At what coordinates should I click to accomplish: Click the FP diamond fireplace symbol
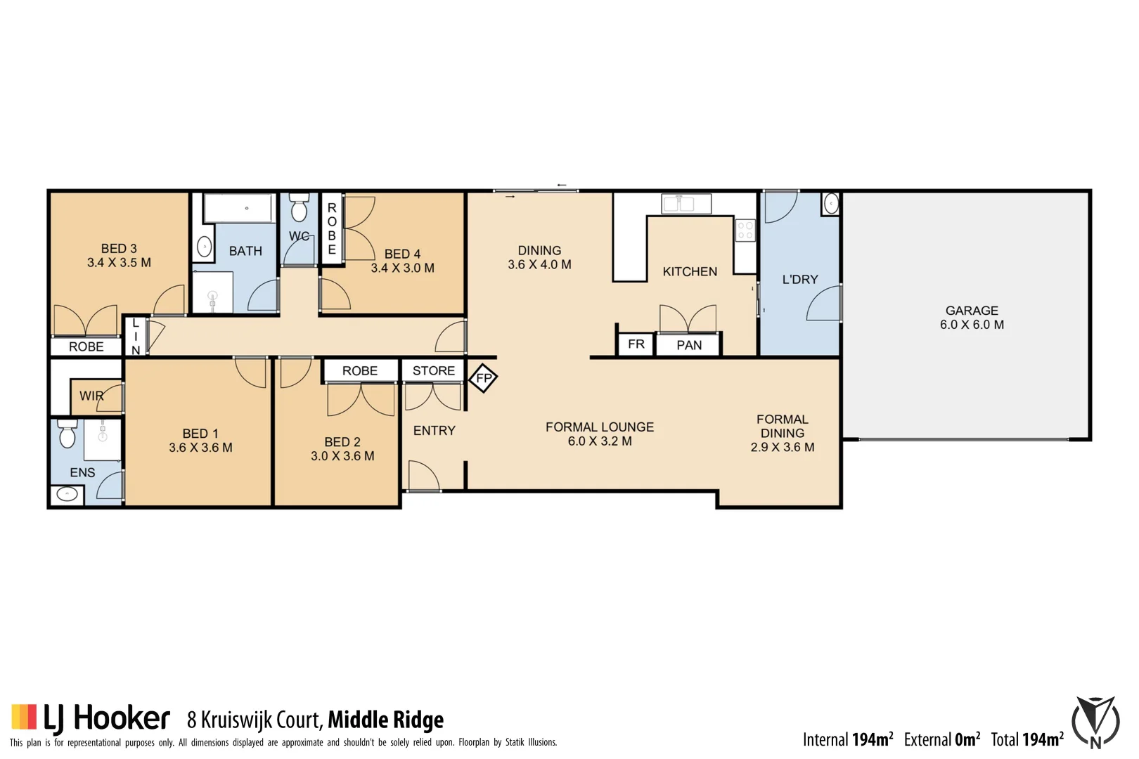[x=483, y=378]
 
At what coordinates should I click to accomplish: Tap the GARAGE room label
[x=971, y=311]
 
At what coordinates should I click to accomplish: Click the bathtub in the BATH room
[x=238, y=208]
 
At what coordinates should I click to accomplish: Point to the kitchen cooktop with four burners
[x=745, y=230]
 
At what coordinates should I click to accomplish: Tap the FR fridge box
[x=636, y=344]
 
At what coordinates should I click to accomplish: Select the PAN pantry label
[x=688, y=345]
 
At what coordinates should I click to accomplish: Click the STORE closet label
[x=433, y=370]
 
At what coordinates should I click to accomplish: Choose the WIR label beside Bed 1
[x=91, y=396]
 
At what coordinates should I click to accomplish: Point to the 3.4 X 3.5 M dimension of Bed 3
[x=119, y=263]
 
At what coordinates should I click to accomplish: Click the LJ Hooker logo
[x=91, y=718]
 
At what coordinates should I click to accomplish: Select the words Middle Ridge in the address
[x=385, y=720]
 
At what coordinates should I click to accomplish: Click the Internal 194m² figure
[x=848, y=739]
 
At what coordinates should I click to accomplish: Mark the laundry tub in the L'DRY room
[x=830, y=204]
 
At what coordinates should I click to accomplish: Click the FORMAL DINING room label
[x=782, y=426]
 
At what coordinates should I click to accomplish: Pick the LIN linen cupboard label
[x=136, y=336]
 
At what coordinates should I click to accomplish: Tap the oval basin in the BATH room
[x=205, y=247]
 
